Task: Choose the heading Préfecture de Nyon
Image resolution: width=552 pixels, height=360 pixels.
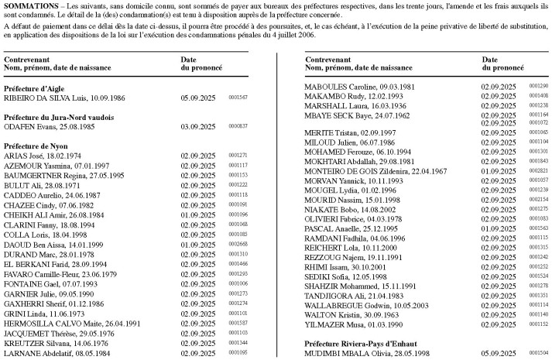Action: coord(36,146)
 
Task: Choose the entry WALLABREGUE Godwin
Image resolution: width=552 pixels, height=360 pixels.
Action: coord(362,305)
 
